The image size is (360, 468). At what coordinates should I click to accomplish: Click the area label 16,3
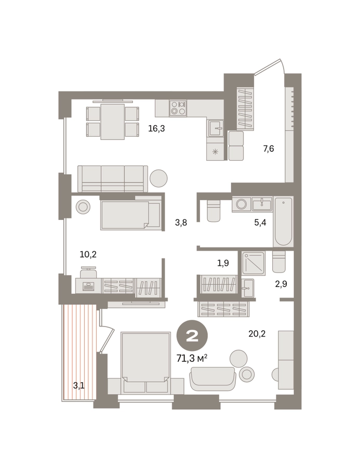pyautogui.click(x=156, y=129)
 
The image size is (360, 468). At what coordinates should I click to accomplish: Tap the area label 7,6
pyautogui.click(x=269, y=149)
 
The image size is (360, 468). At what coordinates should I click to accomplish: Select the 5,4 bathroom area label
pyautogui.click(x=260, y=223)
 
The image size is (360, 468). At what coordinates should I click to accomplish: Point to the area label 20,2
pyautogui.click(x=257, y=333)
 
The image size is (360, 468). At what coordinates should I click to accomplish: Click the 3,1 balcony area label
pyautogui.click(x=79, y=386)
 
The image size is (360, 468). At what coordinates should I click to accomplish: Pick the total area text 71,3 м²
pyautogui.click(x=192, y=358)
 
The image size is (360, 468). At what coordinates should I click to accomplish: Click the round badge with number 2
pyautogui.click(x=192, y=335)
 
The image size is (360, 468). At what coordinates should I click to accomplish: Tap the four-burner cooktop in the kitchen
pyautogui.click(x=178, y=108)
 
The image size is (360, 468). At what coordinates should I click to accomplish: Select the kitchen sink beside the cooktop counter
pyautogui.click(x=216, y=128)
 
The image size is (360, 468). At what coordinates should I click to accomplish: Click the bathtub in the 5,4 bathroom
pyautogui.click(x=283, y=221)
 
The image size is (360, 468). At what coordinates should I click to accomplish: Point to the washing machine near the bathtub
pyautogui.click(x=242, y=204)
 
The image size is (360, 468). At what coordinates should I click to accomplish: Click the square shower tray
pyautogui.click(x=253, y=263)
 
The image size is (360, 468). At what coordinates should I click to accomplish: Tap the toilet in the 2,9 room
pyautogui.click(x=279, y=262)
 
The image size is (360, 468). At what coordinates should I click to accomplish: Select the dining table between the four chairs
pyautogui.click(x=112, y=122)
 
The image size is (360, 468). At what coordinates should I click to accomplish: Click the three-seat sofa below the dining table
pyautogui.click(x=113, y=179)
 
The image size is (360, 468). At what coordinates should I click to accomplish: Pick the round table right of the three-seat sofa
pyautogui.click(x=158, y=178)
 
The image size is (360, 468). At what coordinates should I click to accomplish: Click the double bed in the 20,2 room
pyautogui.click(x=146, y=362)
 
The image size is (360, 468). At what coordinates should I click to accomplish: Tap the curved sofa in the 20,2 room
pyautogui.click(x=212, y=379)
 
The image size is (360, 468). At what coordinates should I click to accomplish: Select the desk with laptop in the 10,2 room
pyautogui.click(x=88, y=285)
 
